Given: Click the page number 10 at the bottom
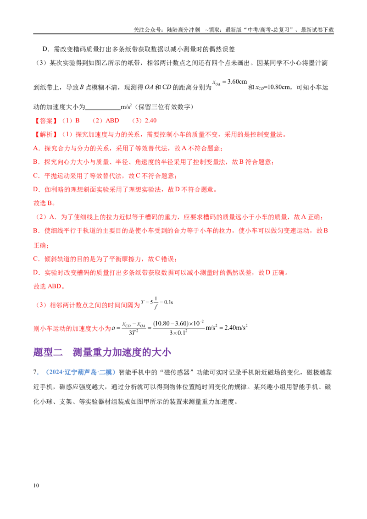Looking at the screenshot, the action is (36, 485).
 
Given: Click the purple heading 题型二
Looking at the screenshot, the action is (48, 352).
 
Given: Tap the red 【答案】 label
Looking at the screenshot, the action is (46, 121).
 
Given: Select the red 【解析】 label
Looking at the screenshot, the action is (46, 134).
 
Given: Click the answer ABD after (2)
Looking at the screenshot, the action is (112, 121).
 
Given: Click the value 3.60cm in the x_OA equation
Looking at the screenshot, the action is (237, 82).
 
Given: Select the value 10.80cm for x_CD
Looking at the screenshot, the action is (278, 88).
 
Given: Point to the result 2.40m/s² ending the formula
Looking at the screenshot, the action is (236, 328).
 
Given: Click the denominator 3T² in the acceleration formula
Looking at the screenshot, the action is (133, 333).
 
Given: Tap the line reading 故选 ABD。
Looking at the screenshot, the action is (49, 286).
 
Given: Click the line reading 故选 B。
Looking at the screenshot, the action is (44, 203).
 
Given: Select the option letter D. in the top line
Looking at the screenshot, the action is (46, 50).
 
